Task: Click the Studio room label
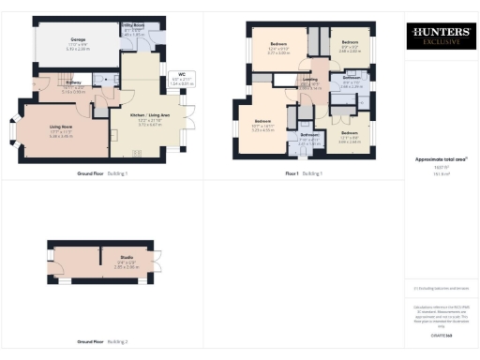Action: click(124, 259)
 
